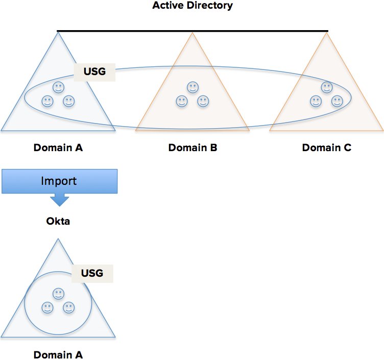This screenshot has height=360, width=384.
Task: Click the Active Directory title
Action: tap(193, 6)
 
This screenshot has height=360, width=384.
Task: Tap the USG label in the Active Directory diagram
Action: tap(94, 71)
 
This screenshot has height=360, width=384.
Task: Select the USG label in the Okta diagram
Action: tap(92, 273)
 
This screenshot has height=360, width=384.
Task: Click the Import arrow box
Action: tap(60, 182)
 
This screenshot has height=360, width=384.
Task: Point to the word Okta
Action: tap(59, 222)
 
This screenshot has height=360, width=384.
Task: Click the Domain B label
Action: tap(193, 148)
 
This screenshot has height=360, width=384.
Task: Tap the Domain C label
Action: tap(327, 148)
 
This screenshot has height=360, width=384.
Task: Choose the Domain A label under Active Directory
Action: tap(58, 148)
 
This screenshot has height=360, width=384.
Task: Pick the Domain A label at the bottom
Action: tap(58, 354)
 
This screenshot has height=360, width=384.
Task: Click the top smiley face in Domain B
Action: tap(193, 87)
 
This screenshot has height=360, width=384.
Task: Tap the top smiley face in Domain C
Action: tap(327, 87)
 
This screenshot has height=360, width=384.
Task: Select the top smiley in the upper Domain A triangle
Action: tap(59, 87)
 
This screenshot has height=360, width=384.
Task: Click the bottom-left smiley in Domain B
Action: tap(181, 101)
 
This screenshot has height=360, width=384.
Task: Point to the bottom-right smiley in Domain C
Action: tap(337, 101)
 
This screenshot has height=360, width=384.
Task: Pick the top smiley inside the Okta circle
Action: tap(59, 294)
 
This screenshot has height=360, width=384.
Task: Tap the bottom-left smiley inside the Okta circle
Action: tap(47, 308)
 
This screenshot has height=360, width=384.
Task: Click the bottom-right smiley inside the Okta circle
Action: tap(69, 308)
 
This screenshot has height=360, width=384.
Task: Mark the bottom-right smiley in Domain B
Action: tap(203, 101)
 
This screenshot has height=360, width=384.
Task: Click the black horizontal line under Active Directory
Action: tap(193, 31)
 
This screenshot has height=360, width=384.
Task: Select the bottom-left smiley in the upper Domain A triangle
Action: tap(47, 101)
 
